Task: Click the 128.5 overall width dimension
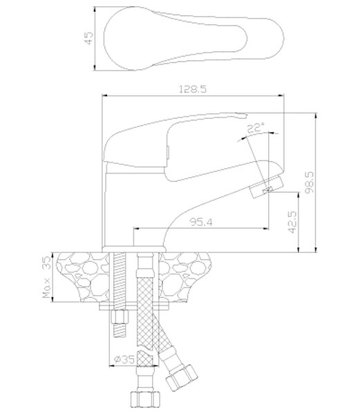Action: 193,89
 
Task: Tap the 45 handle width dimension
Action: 89,38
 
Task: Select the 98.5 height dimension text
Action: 309,182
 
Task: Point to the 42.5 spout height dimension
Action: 292,222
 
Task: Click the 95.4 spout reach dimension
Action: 201,223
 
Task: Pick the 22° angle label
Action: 256,128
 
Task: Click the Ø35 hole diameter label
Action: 124,359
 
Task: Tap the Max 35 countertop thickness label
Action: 46,277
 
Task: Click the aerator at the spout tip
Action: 266,187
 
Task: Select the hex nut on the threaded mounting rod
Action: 120,317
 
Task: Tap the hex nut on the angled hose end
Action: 181,376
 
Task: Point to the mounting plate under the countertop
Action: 134,306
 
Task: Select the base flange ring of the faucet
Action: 134,250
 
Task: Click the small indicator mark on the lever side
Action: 167,153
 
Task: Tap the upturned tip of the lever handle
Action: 241,115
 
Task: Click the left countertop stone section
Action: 83,277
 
